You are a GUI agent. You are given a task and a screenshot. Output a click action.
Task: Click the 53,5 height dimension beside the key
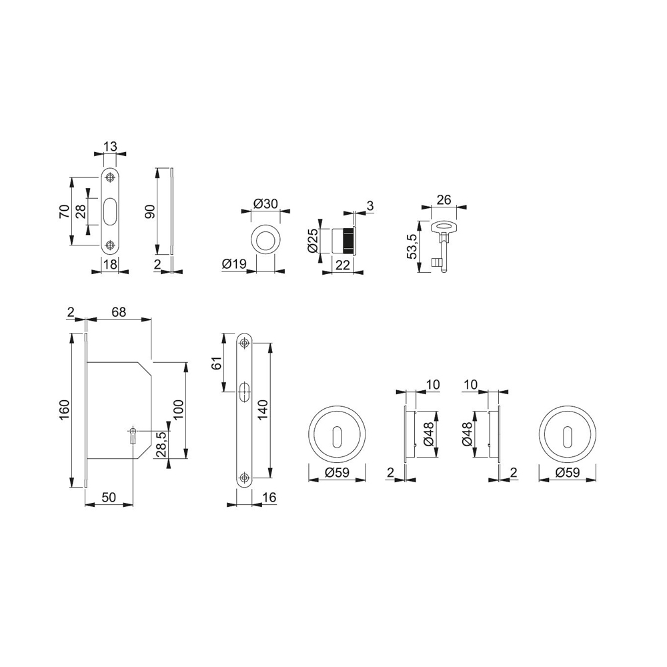412,247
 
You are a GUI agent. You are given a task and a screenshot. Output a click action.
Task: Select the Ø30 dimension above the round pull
265,203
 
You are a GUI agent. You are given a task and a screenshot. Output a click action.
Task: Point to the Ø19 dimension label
234,264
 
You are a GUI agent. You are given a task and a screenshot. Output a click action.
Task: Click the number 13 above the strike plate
110,147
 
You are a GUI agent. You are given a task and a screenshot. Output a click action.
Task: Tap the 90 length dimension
150,211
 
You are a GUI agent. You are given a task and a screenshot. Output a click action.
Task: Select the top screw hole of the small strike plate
111,177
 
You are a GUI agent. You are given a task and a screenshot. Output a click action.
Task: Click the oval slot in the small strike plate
111,211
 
